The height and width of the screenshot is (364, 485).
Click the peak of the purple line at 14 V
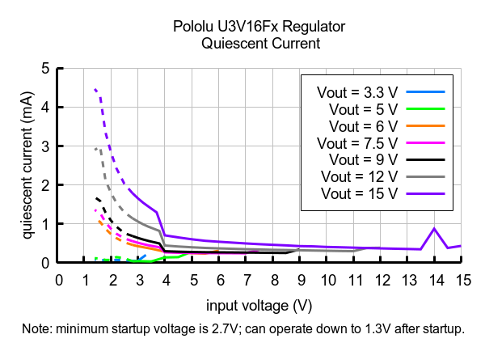(434, 228)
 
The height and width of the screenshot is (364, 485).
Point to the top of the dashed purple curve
(95, 89)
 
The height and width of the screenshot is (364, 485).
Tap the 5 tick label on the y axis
(45, 68)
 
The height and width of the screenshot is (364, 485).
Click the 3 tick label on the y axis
(45, 146)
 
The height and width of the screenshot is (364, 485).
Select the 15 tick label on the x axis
(462, 280)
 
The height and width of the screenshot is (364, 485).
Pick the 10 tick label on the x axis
(327, 280)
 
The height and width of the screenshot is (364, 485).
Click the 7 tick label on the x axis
(247, 280)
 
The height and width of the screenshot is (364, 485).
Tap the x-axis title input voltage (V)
(259, 305)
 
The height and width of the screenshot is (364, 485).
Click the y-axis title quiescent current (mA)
(27, 165)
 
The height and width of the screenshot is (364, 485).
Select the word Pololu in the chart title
(194, 27)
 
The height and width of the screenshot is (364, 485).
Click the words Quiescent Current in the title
(260, 44)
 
